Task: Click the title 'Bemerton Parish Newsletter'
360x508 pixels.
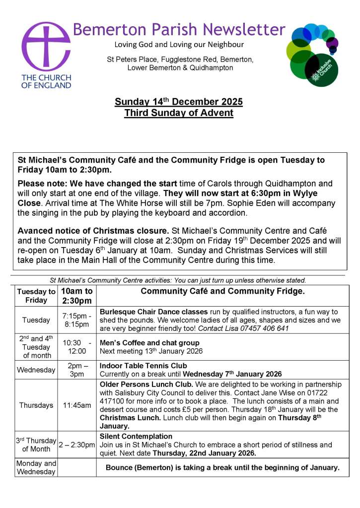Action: (179, 29)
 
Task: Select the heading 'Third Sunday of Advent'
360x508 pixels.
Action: (179, 113)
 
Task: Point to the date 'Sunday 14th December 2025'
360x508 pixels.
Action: (179, 102)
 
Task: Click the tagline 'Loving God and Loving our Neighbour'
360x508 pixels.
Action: (179, 45)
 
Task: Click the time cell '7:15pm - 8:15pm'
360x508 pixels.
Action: (77, 320)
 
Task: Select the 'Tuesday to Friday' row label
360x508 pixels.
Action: (36, 296)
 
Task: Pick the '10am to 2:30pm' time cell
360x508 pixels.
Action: (77, 296)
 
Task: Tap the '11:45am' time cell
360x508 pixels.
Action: (77, 405)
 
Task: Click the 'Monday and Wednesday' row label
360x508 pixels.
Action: (36, 467)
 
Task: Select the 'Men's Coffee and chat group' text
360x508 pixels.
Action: (149, 343)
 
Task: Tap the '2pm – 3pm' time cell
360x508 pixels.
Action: (77, 370)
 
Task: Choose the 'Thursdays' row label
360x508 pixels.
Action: (36, 405)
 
